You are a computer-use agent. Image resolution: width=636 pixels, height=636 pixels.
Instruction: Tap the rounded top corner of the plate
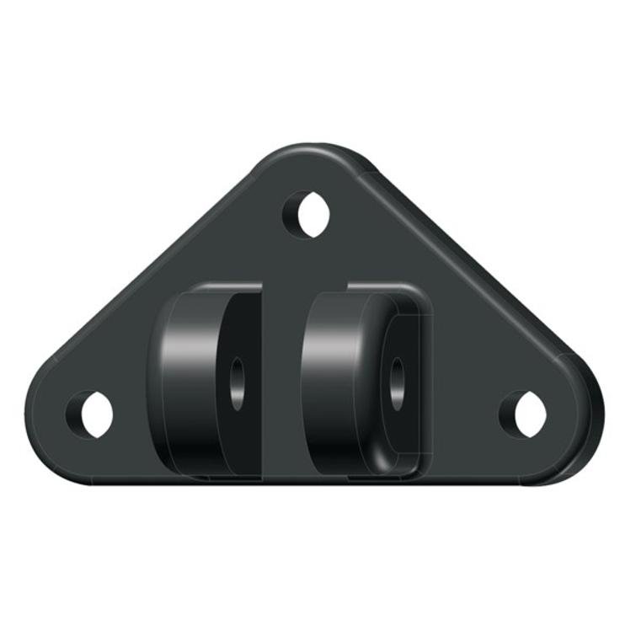pos(310,157)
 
